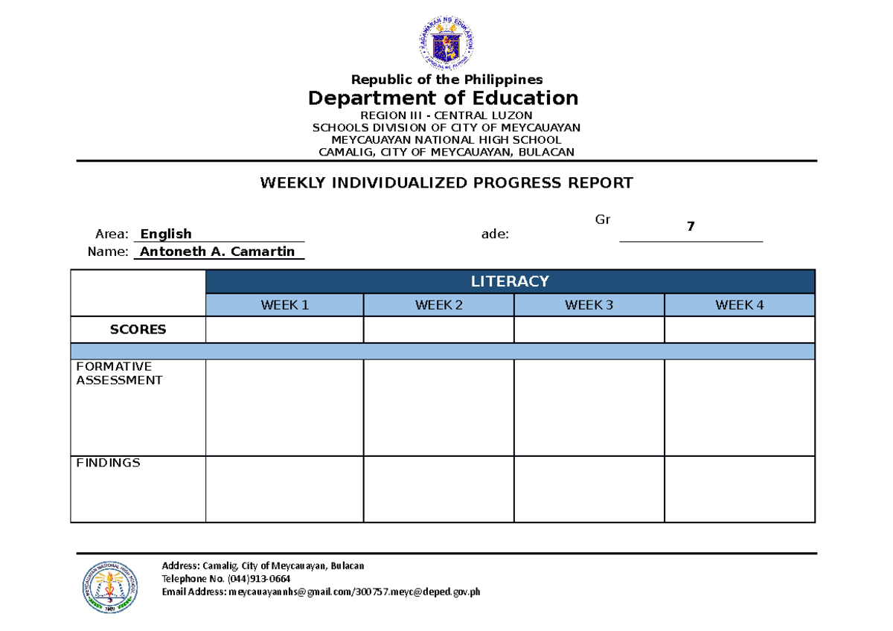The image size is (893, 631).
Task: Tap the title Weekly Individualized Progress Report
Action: pos(446,183)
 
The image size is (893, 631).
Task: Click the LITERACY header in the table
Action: pos(510,281)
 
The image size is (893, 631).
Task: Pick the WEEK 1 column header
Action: pos(284,305)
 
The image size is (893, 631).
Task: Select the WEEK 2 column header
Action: pos(439,305)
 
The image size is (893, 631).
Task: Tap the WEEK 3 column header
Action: pos(589,305)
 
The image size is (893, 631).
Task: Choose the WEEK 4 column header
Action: pos(739,305)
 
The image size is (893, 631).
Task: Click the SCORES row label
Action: pos(138,330)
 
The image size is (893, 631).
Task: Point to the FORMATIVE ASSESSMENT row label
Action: pos(119,374)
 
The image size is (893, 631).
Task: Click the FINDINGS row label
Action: pos(109,463)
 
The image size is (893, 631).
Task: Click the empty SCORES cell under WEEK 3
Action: pos(589,330)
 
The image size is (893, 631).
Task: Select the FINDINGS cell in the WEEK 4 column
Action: pos(739,489)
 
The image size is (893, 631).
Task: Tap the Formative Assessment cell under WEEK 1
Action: pos(284,408)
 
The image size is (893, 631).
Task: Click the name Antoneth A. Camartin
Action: pos(217,252)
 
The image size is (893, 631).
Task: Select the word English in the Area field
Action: pos(166,234)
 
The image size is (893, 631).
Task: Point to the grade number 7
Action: pos(691,227)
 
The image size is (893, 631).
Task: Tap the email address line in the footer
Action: pos(321,592)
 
